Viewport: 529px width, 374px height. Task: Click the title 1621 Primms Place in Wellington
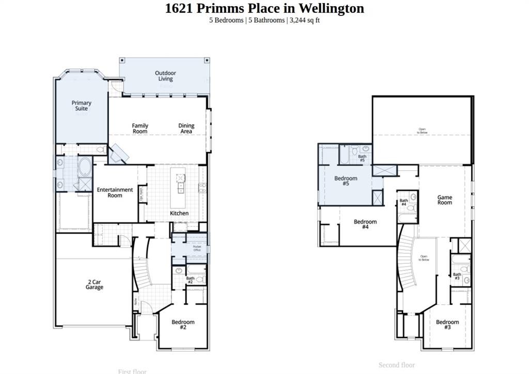[264, 8]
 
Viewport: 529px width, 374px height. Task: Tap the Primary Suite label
[81, 106]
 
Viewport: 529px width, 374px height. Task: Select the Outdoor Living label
[165, 76]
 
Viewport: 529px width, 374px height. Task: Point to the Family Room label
[140, 128]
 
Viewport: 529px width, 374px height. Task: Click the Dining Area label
[186, 128]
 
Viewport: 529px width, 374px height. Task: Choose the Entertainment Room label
[115, 192]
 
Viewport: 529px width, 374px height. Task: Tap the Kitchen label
[179, 213]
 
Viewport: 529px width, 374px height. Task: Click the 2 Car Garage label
[95, 284]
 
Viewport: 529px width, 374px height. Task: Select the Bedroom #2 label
[183, 324]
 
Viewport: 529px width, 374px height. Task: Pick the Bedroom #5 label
[346, 181]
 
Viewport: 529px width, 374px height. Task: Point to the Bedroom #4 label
[365, 224]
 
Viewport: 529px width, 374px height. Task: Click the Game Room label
[445, 200]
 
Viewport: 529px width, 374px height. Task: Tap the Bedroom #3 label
[447, 324]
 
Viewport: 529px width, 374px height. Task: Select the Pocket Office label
[197, 249]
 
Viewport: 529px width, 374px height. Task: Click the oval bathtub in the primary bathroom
[84, 168]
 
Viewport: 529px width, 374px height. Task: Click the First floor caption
[132, 371]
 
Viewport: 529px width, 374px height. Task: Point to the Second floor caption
[396, 365]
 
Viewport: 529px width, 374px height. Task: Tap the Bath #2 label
[190, 280]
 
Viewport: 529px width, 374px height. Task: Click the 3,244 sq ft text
[305, 20]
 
